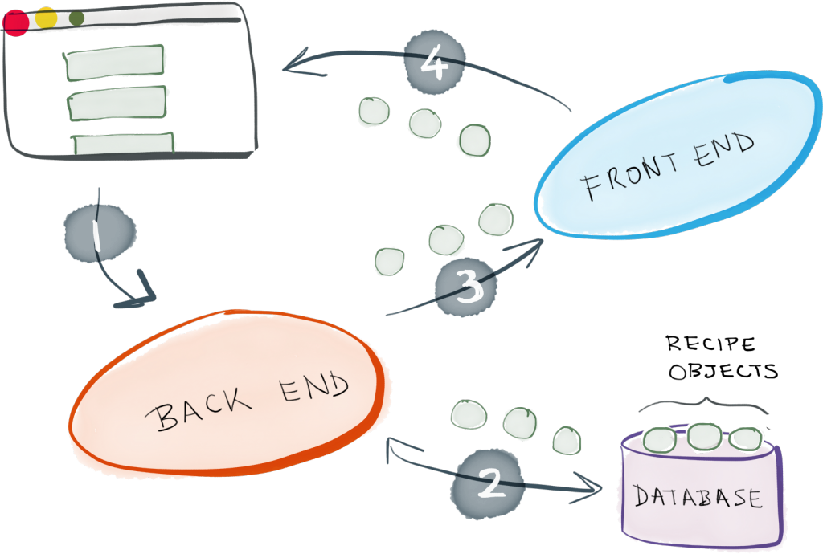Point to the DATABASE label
[698, 496]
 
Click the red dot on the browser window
[16, 22]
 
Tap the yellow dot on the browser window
[46, 18]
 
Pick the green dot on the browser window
[76, 18]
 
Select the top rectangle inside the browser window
[117, 64]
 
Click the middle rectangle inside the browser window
[117, 103]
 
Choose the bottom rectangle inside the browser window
[123, 142]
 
